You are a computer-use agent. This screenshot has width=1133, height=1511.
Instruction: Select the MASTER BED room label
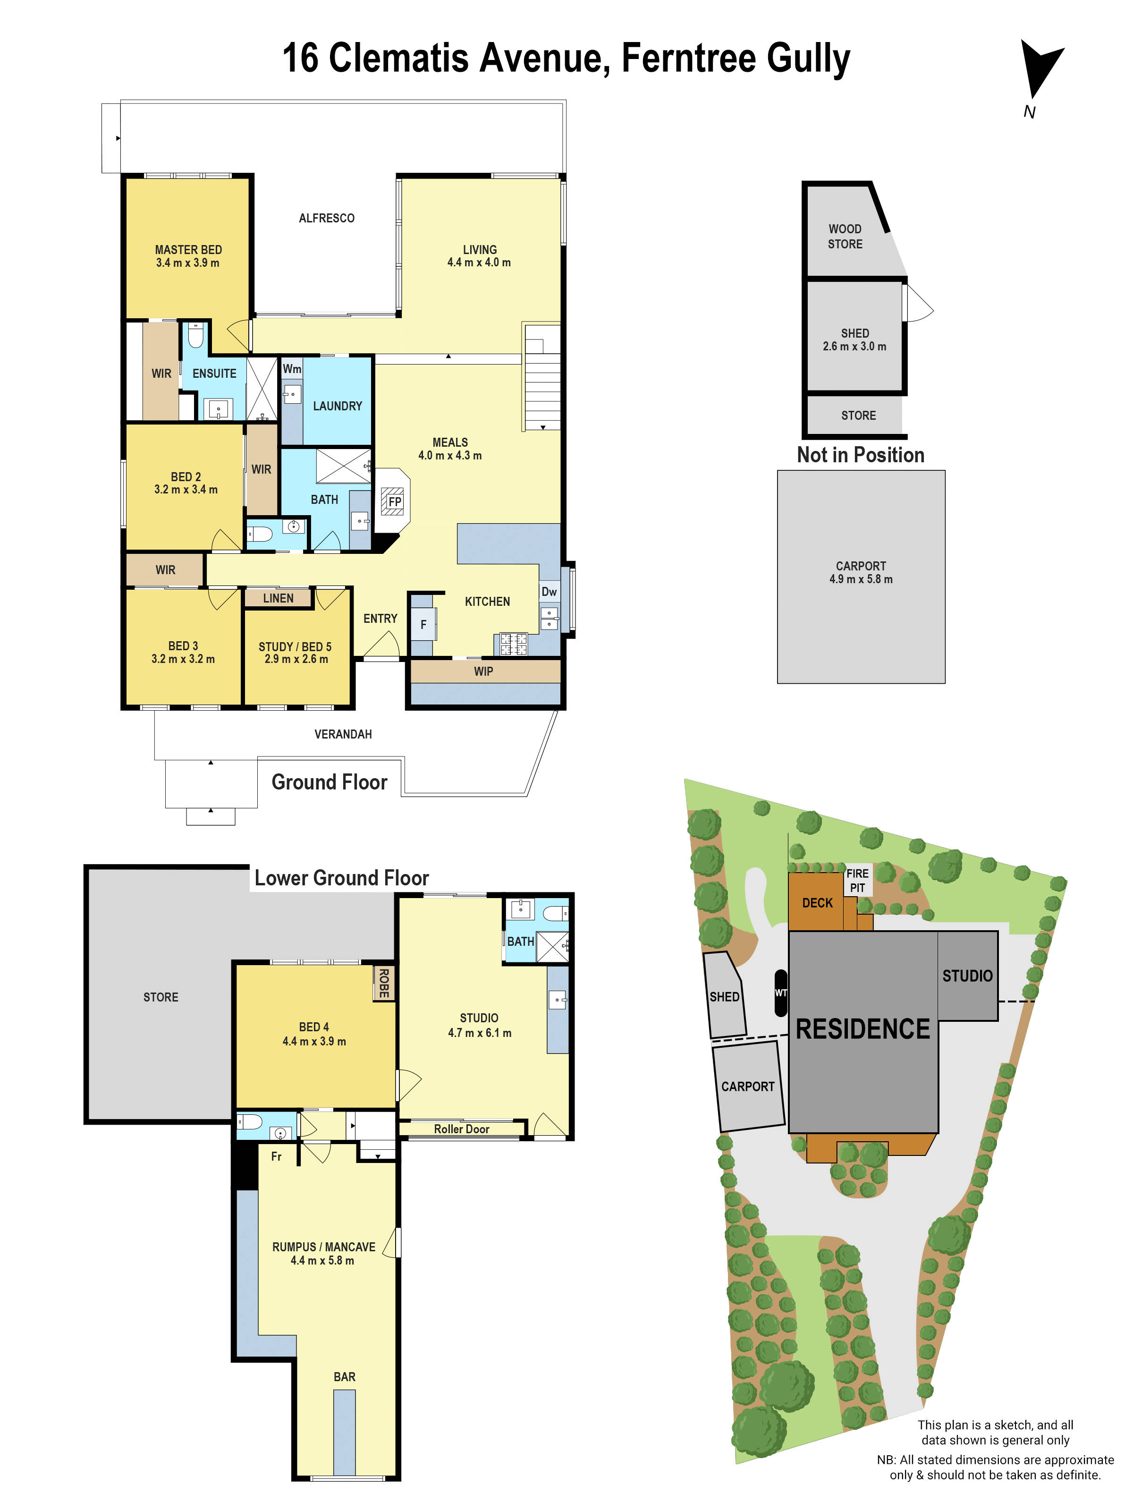[188, 250]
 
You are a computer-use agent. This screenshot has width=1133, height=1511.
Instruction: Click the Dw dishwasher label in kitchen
[549, 592]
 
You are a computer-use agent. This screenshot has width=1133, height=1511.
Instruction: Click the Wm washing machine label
[292, 369]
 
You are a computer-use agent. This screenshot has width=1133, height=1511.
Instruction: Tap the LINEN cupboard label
[278, 598]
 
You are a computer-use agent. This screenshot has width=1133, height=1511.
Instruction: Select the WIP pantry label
[483, 671]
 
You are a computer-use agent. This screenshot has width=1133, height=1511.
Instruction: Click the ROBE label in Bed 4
[384, 983]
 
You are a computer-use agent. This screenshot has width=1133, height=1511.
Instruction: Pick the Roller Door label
[462, 1129]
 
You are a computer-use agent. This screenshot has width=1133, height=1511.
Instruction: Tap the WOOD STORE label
[845, 237]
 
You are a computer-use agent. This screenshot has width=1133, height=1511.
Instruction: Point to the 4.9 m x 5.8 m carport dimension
[861, 579]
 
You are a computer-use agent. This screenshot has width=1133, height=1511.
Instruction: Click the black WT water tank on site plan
[781, 993]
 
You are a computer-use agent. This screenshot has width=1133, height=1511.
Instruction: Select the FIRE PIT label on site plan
[857, 881]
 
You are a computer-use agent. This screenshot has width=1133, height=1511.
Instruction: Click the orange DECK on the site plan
[817, 903]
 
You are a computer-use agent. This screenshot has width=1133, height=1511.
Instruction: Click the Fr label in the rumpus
[276, 1156]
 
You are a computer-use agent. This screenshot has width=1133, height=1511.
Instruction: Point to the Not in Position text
[861, 455]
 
